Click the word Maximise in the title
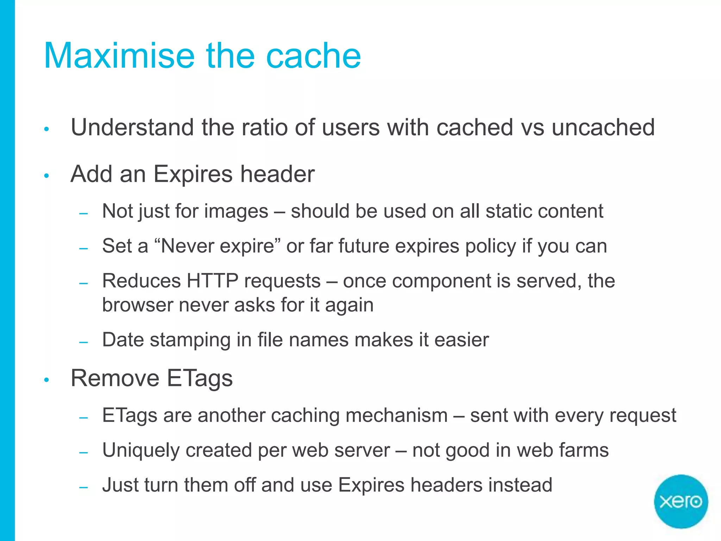click(x=119, y=56)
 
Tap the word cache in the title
click(x=313, y=56)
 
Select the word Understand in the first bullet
click(x=132, y=127)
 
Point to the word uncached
click(x=603, y=127)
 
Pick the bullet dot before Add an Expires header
click(x=46, y=175)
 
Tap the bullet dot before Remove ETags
click(x=46, y=380)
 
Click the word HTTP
click(x=212, y=281)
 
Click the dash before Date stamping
click(x=83, y=342)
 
